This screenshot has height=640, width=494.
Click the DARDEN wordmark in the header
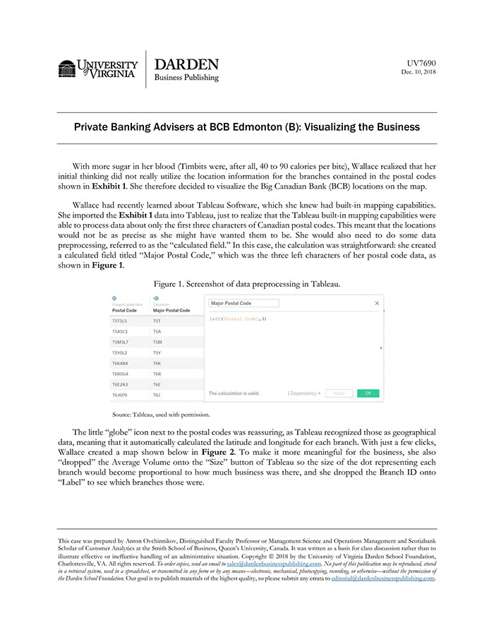[186, 64]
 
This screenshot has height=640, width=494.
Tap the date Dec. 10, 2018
[418, 72]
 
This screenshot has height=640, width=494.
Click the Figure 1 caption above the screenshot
[247, 284]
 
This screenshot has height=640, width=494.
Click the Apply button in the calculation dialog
[339, 393]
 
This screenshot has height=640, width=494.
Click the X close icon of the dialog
[376, 303]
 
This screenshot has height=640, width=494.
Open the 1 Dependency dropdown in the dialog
[305, 393]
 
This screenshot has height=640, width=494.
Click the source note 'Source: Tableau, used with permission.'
[161, 415]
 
